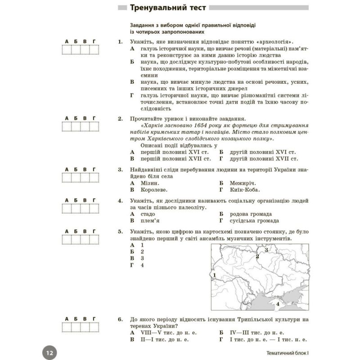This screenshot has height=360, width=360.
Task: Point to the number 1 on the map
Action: pos(215,275)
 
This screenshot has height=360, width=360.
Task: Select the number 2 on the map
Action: pos(257,256)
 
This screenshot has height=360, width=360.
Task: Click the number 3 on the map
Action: pos(266,250)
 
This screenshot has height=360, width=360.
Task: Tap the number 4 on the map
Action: pos(278,305)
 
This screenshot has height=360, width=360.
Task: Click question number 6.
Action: pos(120,319)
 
